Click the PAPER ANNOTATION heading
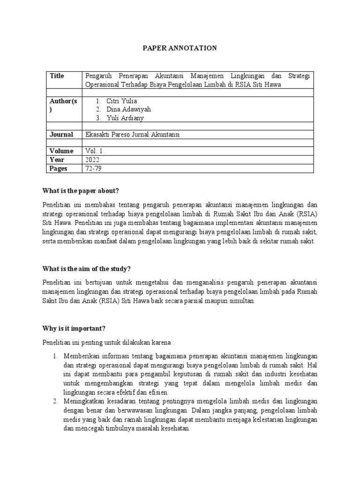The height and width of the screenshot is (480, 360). click(x=180, y=48)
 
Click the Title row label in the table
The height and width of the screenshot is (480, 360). click(x=57, y=76)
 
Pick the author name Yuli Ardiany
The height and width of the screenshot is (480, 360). click(x=122, y=118)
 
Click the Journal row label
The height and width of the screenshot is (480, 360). click(x=61, y=135)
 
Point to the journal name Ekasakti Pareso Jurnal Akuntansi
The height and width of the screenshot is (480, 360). click(x=133, y=135)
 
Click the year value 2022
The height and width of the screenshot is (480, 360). click(x=93, y=159)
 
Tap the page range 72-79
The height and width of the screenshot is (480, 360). click(x=93, y=168)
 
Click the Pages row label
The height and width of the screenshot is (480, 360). click(x=59, y=168)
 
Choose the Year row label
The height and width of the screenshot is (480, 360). click(x=57, y=159)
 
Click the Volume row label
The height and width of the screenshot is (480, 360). click(x=61, y=151)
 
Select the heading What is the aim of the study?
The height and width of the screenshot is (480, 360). click(x=86, y=269)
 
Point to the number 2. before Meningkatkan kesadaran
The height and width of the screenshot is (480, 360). click(x=55, y=401)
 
